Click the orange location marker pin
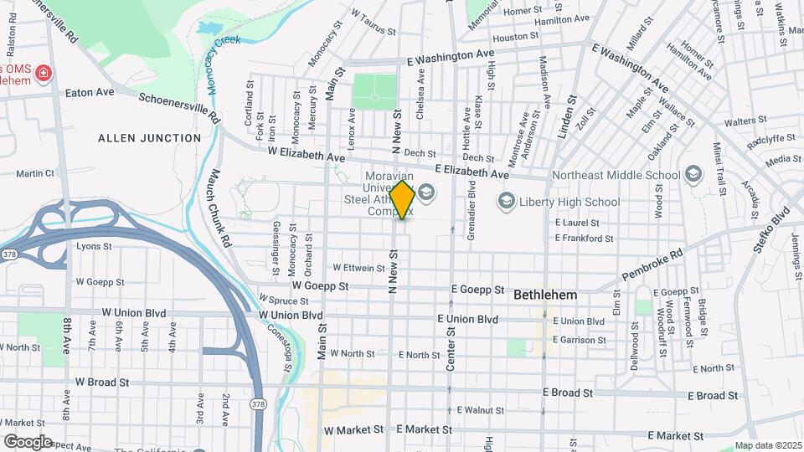[x=403, y=199]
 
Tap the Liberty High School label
[x=569, y=202]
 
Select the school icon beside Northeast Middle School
[x=693, y=174]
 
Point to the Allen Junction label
[x=150, y=137]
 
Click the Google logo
[x=28, y=441]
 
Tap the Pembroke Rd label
[x=652, y=264]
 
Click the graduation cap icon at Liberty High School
[x=506, y=201]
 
